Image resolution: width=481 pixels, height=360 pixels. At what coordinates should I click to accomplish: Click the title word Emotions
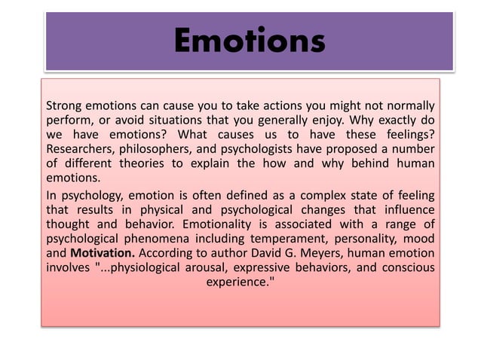click(x=249, y=40)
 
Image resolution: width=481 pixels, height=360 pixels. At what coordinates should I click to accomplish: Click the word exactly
click(x=390, y=119)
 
